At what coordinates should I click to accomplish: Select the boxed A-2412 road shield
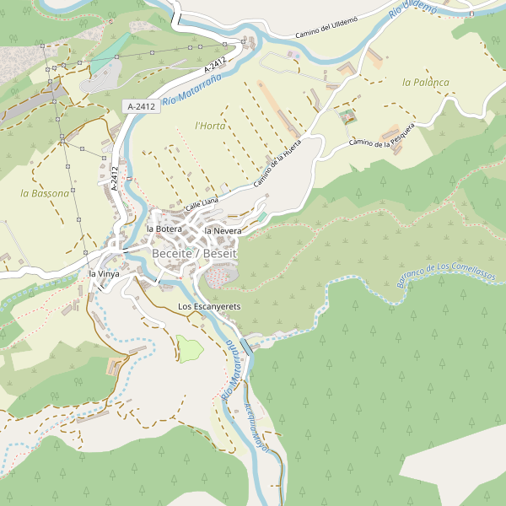click(141, 106)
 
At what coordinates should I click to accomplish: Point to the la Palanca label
click(426, 82)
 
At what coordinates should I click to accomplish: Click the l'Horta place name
click(210, 126)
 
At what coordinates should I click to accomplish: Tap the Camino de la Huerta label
click(277, 164)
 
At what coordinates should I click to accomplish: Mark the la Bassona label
click(45, 193)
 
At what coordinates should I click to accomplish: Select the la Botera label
click(164, 229)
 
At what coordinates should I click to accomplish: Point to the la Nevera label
click(223, 230)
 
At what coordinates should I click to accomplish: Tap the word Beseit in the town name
click(221, 253)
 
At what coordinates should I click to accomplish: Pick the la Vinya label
click(105, 274)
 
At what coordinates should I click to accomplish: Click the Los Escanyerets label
click(209, 305)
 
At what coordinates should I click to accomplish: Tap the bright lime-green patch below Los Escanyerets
click(189, 348)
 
